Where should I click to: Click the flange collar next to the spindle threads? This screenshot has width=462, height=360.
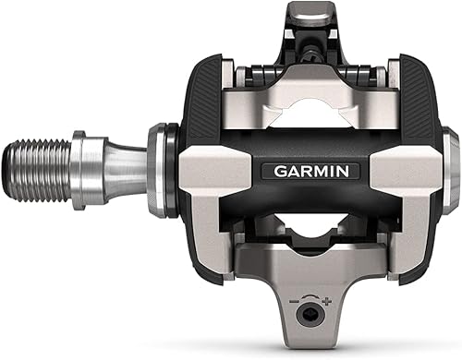76,162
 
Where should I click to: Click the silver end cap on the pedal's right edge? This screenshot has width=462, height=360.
449,166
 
